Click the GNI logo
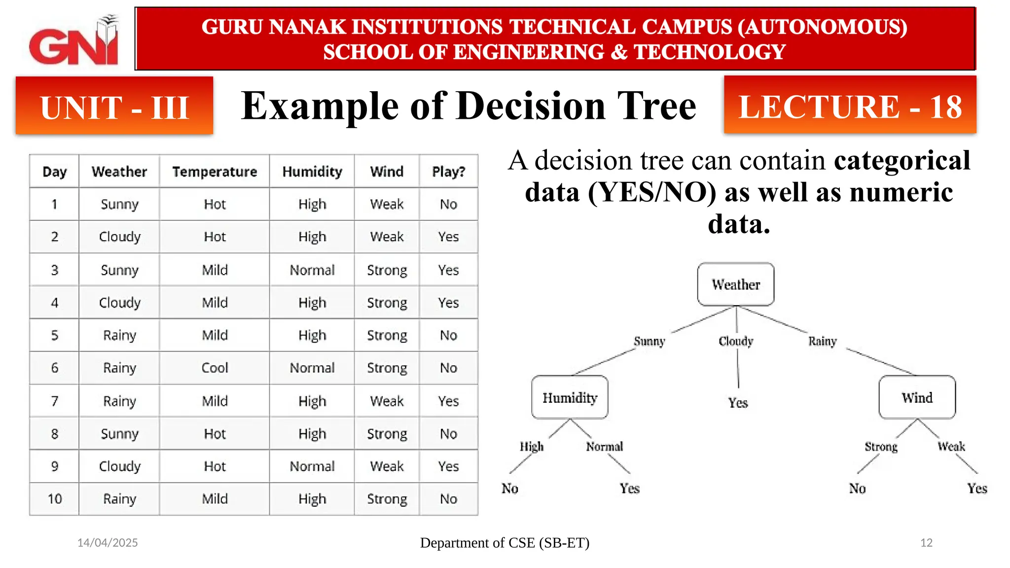click(74, 42)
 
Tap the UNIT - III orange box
click(114, 106)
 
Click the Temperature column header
click(215, 172)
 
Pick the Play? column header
click(448, 172)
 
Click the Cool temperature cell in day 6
click(215, 368)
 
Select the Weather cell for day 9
click(119, 466)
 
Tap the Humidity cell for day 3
click(312, 270)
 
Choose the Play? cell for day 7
click(448, 401)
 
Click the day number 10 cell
click(55, 499)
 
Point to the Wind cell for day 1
click(387, 204)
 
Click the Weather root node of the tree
click(735, 284)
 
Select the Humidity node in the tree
click(570, 397)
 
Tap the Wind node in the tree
click(917, 397)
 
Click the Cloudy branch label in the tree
click(736, 341)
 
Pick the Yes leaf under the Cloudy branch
click(738, 403)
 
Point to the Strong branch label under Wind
click(881, 447)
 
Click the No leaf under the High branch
click(510, 489)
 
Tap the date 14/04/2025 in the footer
click(108, 543)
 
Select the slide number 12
click(926, 543)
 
